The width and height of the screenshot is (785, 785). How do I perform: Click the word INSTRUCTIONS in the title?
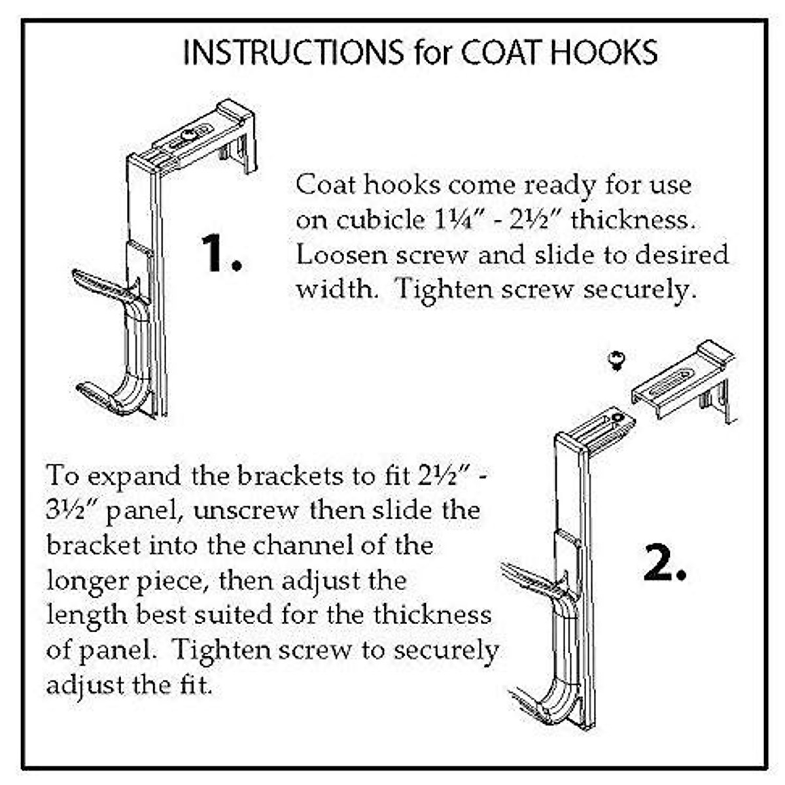[x=292, y=53]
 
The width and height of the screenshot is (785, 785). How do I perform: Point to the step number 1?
[x=220, y=253]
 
